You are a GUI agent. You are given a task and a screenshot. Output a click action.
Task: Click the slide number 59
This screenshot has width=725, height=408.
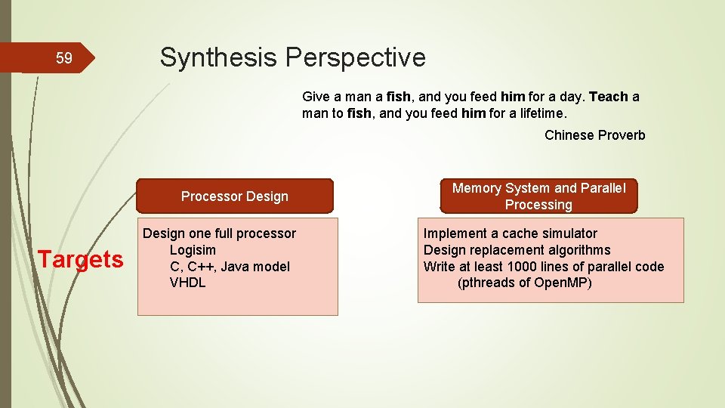tap(64, 59)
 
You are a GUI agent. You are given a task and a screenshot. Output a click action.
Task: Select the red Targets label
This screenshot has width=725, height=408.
tap(81, 259)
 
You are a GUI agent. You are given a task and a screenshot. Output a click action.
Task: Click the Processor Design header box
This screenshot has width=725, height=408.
tap(235, 196)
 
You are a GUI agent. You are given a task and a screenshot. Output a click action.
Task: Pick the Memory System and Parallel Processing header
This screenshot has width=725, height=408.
tap(538, 196)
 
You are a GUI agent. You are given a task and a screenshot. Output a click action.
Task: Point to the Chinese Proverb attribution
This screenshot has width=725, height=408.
tap(594, 135)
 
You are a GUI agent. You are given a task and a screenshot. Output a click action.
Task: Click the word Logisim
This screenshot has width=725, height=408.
tap(193, 250)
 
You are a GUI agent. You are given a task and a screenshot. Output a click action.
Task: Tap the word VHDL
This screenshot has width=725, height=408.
tap(187, 283)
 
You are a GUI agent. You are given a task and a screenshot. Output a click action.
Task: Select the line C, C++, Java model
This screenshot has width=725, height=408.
tap(230, 267)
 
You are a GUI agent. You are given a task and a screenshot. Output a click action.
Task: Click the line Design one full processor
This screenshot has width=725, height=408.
tap(219, 233)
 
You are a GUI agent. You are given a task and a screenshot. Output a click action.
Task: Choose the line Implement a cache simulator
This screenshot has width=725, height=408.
tap(510, 233)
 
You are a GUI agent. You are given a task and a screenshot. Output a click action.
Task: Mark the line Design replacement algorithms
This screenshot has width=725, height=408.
tap(517, 250)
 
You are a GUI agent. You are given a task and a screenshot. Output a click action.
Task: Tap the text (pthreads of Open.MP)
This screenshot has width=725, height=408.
tap(524, 283)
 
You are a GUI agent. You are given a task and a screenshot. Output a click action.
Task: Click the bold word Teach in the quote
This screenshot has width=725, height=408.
tap(609, 97)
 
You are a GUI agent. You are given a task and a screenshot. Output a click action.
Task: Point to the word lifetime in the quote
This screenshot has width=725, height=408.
tap(540, 113)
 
